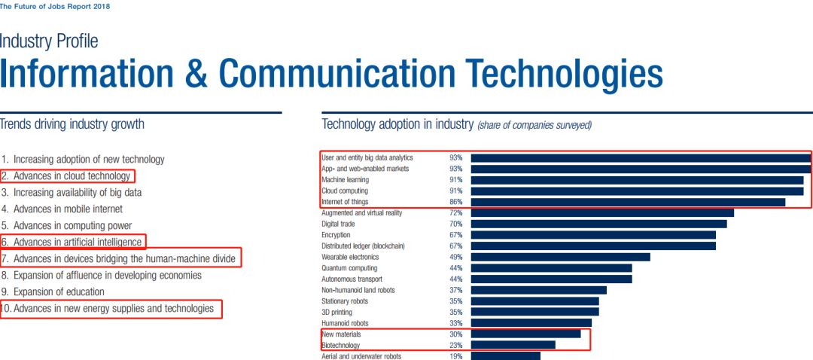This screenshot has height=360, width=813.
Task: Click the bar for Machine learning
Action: point(637,180)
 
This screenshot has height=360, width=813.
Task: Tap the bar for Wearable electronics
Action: point(560,257)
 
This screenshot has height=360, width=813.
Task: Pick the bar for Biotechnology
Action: point(513,345)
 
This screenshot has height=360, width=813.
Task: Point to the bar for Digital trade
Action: point(598,224)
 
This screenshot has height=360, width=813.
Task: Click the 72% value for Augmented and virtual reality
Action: point(455,213)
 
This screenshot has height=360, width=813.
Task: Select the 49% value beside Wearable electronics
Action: point(455,257)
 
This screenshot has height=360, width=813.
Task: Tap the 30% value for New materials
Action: point(455,334)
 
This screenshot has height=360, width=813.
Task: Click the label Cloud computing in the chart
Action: point(345,191)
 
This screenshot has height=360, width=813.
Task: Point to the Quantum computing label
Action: point(349,268)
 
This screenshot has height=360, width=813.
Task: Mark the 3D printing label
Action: point(336,312)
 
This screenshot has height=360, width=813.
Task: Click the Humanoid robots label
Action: point(345,323)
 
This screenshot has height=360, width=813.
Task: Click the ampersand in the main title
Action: point(196,74)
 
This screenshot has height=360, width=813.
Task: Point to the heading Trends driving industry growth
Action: point(72,124)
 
